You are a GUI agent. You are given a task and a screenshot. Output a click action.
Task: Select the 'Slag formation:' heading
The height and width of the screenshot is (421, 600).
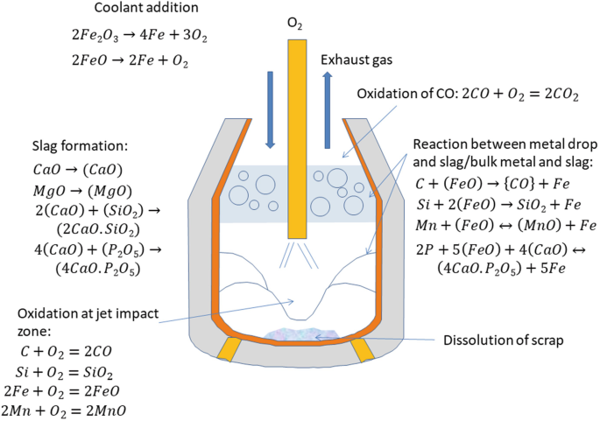(x=74, y=144)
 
